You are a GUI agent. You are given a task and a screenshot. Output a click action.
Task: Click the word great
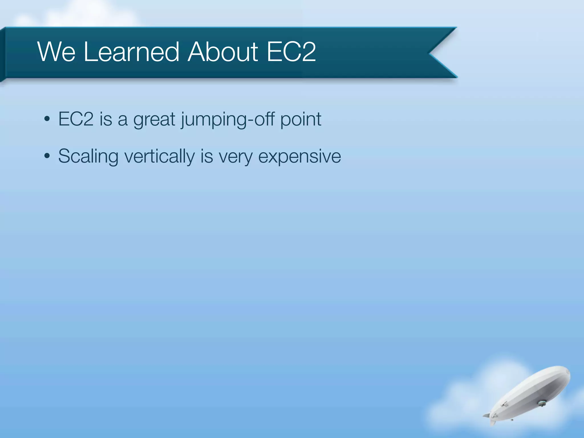coord(154,119)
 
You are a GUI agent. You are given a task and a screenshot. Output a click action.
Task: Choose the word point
coord(301,119)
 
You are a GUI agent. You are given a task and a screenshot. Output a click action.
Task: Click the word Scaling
coord(88,157)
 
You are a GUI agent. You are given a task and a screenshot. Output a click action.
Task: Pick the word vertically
coord(160,157)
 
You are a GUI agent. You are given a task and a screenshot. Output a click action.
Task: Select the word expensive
coord(299,157)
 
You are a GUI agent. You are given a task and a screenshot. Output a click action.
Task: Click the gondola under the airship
coord(541,403)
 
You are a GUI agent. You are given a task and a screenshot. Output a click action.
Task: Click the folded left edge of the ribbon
coord(3,54)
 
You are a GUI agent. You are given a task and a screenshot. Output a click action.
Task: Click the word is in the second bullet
coord(206,156)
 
